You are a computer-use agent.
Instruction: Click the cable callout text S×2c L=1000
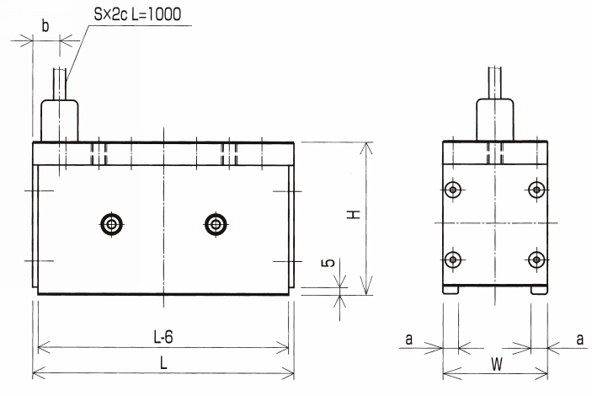coord(137,14)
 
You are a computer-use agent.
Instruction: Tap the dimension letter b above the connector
coord(45,25)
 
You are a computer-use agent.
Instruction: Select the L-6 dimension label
coord(163,337)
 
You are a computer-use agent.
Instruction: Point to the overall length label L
coord(163,363)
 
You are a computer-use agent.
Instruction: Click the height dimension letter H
coord(354,215)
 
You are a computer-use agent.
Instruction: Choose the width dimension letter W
coord(497,365)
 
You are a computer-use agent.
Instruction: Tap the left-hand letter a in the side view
coord(409,339)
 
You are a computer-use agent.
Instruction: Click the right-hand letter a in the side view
coord(580,339)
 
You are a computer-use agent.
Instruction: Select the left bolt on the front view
coord(112,224)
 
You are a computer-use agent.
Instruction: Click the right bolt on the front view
coord(216,224)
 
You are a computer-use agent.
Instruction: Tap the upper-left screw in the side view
coord(453,190)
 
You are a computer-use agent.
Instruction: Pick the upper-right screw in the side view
coord(536,190)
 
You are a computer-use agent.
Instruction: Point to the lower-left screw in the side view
coord(453,260)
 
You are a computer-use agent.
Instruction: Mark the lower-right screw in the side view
coord(536,260)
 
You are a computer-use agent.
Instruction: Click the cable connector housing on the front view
coord(60,120)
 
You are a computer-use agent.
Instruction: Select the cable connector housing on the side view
coord(495,120)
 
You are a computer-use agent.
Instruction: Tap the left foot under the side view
coord(451,290)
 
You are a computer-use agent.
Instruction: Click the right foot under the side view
coord(539,290)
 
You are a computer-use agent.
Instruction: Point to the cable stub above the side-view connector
coord(495,83)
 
